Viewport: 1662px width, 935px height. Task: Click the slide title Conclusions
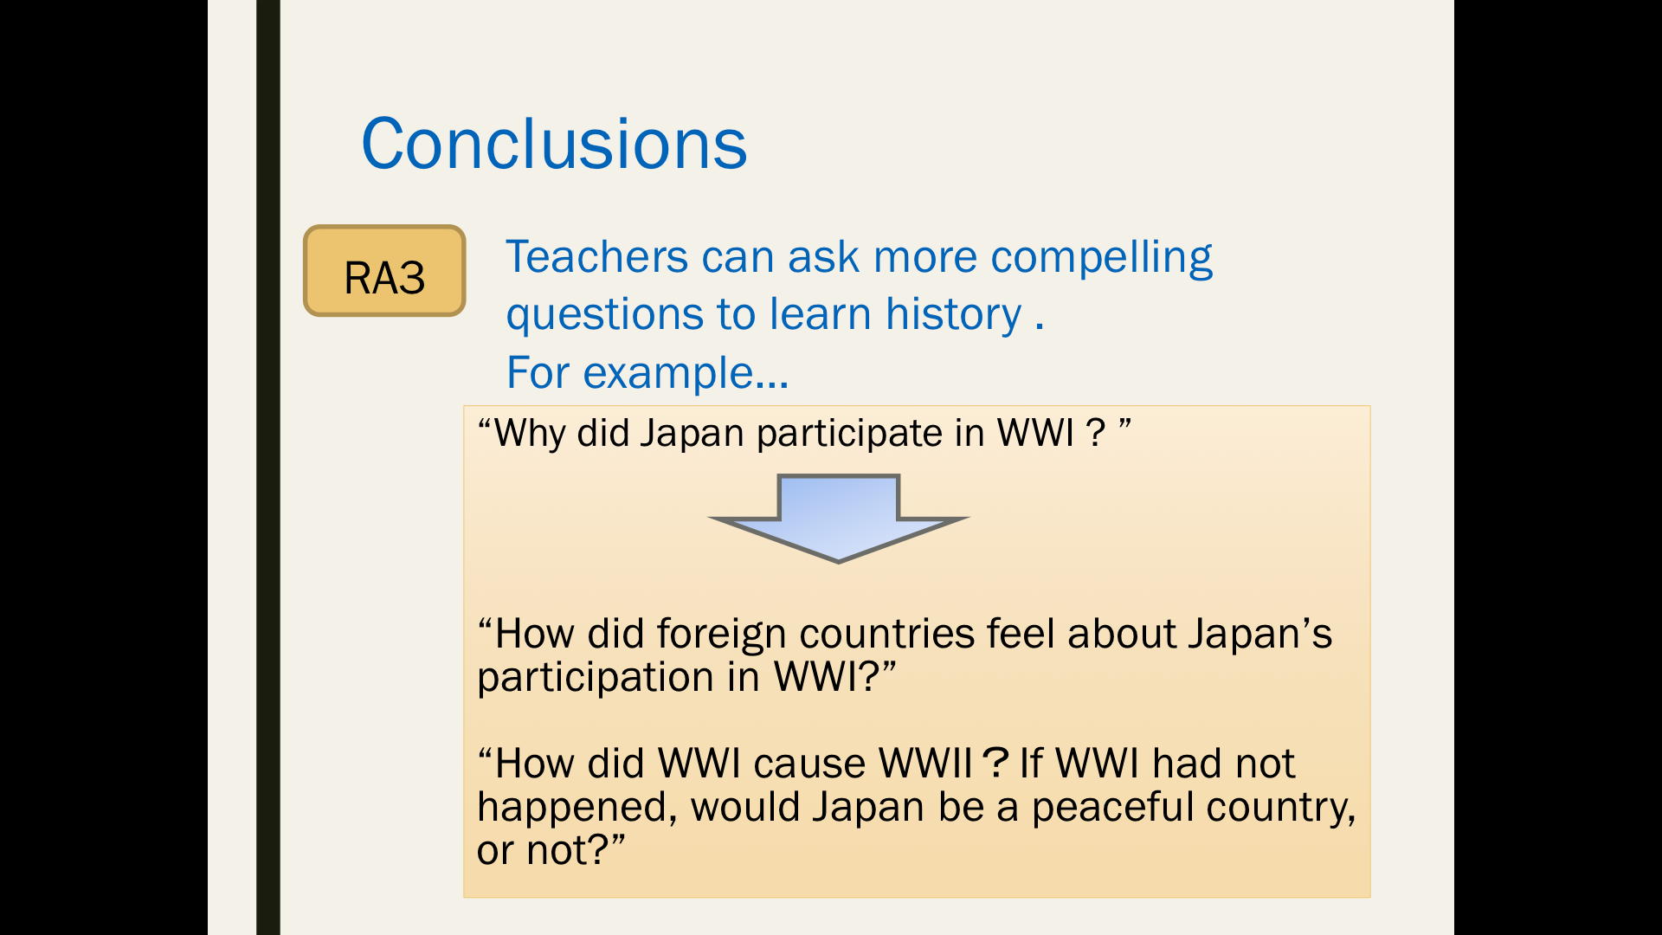554,144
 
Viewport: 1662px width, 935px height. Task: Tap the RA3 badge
384,271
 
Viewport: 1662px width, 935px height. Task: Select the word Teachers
597,257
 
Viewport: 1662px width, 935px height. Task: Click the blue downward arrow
838,518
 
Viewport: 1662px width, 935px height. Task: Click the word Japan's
1259,635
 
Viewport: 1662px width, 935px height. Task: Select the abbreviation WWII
926,764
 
